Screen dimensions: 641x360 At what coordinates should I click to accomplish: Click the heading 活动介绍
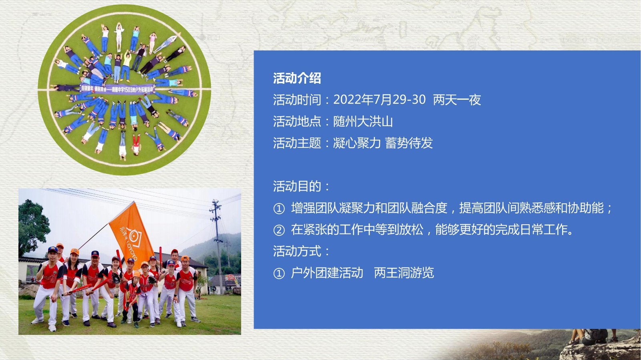click(x=297, y=78)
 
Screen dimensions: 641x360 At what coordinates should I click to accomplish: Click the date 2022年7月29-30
click(x=379, y=100)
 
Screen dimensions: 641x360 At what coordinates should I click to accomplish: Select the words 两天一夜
click(x=457, y=100)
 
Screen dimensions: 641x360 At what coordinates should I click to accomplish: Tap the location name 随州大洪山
click(x=363, y=121)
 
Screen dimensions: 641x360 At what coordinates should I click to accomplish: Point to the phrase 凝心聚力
click(x=357, y=143)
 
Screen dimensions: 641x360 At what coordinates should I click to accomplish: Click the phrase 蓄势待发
click(x=409, y=143)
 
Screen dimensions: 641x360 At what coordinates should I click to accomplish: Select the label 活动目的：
click(x=301, y=186)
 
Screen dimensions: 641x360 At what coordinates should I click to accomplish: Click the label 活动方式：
click(x=301, y=251)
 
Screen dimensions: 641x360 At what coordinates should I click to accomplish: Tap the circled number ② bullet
click(x=279, y=230)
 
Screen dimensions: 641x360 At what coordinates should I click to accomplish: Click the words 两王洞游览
click(x=404, y=273)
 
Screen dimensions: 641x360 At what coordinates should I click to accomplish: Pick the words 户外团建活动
click(x=327, y=273)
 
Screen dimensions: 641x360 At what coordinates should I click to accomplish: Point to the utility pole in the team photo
click(x=218, y=243)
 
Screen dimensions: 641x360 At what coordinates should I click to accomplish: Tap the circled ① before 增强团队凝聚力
click(x=279, y=209)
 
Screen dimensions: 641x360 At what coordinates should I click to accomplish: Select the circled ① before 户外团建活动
click(x=279, y=274)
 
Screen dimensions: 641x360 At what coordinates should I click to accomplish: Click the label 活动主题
click(x=297, y=143)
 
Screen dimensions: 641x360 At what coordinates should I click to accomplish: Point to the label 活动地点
click(x=297, y=121)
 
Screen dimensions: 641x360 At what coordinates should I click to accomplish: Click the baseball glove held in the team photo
click(x=116, y=278)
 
